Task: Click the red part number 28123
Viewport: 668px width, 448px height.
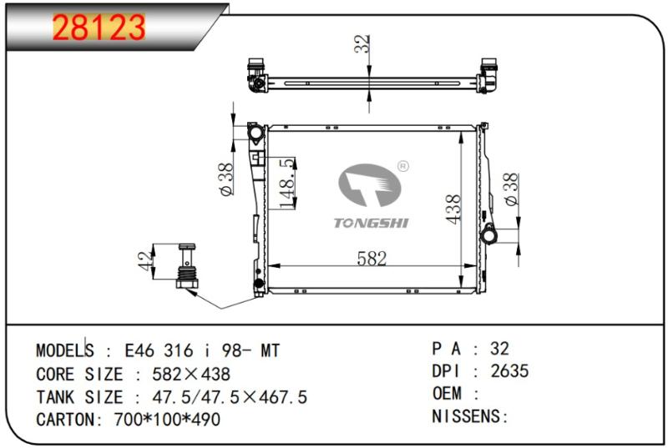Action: [99, 28]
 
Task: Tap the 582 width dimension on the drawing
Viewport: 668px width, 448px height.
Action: [372, 259]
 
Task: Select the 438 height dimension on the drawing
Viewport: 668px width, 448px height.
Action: [453, 209]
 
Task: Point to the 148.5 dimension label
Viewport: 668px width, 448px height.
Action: [287, 184]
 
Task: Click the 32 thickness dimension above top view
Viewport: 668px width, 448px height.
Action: [362, 44]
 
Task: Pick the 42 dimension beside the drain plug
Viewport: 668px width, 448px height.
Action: [145, 260]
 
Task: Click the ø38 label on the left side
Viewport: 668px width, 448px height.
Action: [226, 179]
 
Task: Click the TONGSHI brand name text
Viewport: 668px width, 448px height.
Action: [371, 223]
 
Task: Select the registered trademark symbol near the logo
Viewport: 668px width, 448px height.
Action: [402, 166]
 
